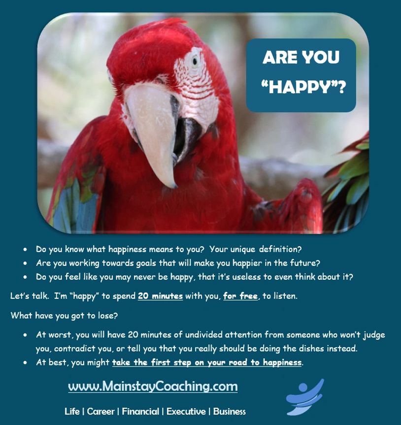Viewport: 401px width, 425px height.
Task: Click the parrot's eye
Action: (195, 61)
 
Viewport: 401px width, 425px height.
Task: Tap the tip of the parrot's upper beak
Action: (173, 187)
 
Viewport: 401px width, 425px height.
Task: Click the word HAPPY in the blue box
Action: (299, 87)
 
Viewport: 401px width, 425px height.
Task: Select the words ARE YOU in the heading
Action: (301, 57)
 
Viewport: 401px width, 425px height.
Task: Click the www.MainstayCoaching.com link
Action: (153, 386)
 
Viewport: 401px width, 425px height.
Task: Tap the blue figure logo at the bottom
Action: (305, 397)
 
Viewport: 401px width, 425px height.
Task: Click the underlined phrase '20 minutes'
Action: (160, 295)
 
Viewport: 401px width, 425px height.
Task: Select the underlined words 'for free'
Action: (240, 295)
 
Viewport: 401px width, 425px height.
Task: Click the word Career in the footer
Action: (100, 411)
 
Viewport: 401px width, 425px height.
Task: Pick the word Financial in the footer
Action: (140, 411)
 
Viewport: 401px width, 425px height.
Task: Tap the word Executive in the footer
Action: (186, 411)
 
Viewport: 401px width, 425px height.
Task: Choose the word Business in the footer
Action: (230, 411)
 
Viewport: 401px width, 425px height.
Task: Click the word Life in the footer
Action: (72, 411)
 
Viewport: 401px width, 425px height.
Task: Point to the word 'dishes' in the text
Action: (311, 348)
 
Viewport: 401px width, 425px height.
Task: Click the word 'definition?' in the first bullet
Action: (280, 249)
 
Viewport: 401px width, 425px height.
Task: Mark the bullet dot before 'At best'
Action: (25, 362)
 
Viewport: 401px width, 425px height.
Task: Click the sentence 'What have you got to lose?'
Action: (64, 316)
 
